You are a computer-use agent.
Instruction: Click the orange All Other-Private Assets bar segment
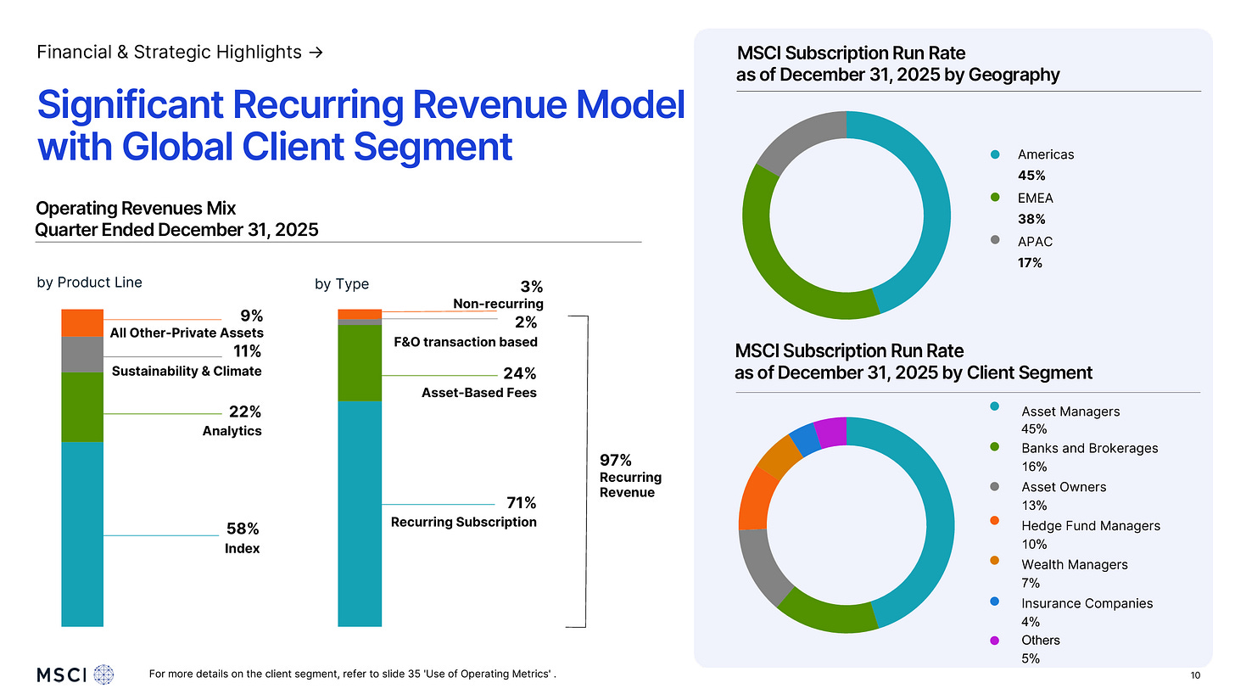[82, 323]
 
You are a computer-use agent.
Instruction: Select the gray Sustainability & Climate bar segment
[82, 355]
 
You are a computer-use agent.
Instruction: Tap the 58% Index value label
[243, 529]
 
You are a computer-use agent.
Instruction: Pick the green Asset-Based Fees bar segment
[360, 363]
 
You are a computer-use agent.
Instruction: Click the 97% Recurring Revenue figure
[616, 461]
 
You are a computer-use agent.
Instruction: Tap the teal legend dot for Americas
[995, 154]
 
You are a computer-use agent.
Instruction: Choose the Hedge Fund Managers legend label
[1090, 526]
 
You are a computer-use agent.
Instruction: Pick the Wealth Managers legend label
[1074, 565]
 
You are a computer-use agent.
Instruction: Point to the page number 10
[1195, 675]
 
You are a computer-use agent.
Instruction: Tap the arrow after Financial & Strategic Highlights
[316, 53]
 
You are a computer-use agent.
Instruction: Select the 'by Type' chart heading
[342, 284]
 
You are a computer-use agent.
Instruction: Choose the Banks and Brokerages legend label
[1089, 448]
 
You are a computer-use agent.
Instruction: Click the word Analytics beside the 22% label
[232, 431]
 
